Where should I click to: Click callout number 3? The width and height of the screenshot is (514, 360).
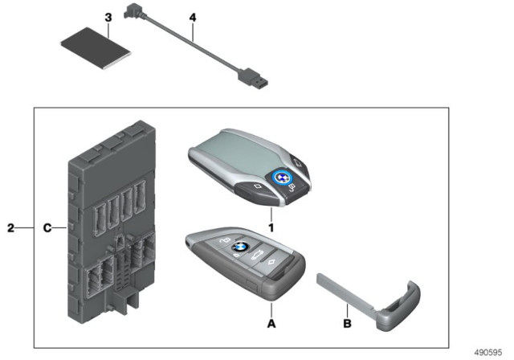pyautogui.click(x=108, y=18)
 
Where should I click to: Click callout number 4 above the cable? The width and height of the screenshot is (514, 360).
pyautogui.click(x=193, y=18)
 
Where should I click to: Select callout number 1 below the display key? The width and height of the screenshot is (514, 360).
pyautogui.click(x=271, y=227)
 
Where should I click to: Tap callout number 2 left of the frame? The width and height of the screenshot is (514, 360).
pyautogui.click(x=10, y=228)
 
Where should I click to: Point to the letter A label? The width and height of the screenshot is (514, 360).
pyautogui.click(x=271, y=324)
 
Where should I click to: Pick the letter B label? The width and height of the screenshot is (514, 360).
pyautogui.click(x=347, y=324)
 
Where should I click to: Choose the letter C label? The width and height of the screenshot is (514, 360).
pyautogui.click(x=47, y=228)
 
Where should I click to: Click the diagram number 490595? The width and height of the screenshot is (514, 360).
pyautogui.click(x=487, y=353)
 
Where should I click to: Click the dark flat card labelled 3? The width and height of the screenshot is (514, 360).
pyautogui.click(x=96, y=48)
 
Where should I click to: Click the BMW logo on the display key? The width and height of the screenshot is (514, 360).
pyautogui.click(x=281, y=178)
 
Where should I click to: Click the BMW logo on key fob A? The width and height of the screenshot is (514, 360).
pyautogui.click(x=240, y=247)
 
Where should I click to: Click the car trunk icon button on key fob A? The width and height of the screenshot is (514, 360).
pyautogui.click(x=257, y=255)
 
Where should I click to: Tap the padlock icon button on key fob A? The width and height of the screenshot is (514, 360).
pyautogui.click(x=224, y=241)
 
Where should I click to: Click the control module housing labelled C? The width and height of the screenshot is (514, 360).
pyautogui.click(x=112, y=222)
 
